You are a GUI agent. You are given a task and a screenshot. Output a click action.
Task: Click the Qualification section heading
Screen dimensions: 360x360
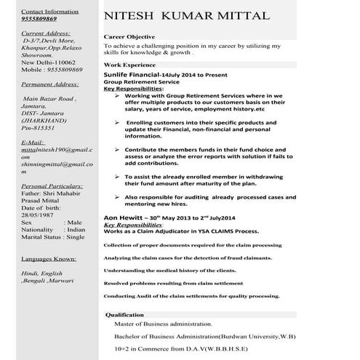coord(125,314)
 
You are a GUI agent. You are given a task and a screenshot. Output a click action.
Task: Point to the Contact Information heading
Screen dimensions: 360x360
coord(52,12)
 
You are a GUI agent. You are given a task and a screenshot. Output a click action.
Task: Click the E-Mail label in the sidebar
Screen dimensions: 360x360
coord(34,143)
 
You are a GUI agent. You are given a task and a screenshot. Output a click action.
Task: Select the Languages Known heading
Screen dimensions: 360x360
coord(49,258)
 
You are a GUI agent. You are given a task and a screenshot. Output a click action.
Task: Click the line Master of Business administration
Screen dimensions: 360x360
coord(164,324)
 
